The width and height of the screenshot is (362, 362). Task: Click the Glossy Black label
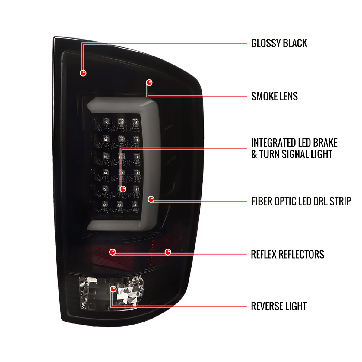tap(279, 43)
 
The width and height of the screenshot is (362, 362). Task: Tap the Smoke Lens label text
tap(274, 96)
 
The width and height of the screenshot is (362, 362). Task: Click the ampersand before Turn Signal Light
tap(254, 154)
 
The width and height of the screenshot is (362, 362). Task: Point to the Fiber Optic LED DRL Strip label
tap(301, 202)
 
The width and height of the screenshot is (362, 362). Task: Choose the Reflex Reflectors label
tap(287, 254)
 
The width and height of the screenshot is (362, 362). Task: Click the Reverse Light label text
tap(279, 306)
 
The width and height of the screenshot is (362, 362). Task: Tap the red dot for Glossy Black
tap(83, 73)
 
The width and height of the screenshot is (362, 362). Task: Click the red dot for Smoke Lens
tap(149, 82)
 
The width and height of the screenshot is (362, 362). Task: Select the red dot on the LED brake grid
tap(123, 189)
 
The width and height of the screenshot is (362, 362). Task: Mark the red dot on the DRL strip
tap(151, 199)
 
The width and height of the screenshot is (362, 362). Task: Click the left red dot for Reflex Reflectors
tap(112, 252)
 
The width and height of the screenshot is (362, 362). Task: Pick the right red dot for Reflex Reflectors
tap(168, 252)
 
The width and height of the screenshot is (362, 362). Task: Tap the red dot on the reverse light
tap(113, 289)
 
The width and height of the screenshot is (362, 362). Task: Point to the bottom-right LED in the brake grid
tap(135, 204)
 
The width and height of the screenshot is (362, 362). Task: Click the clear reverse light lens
tap(111, 293)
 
